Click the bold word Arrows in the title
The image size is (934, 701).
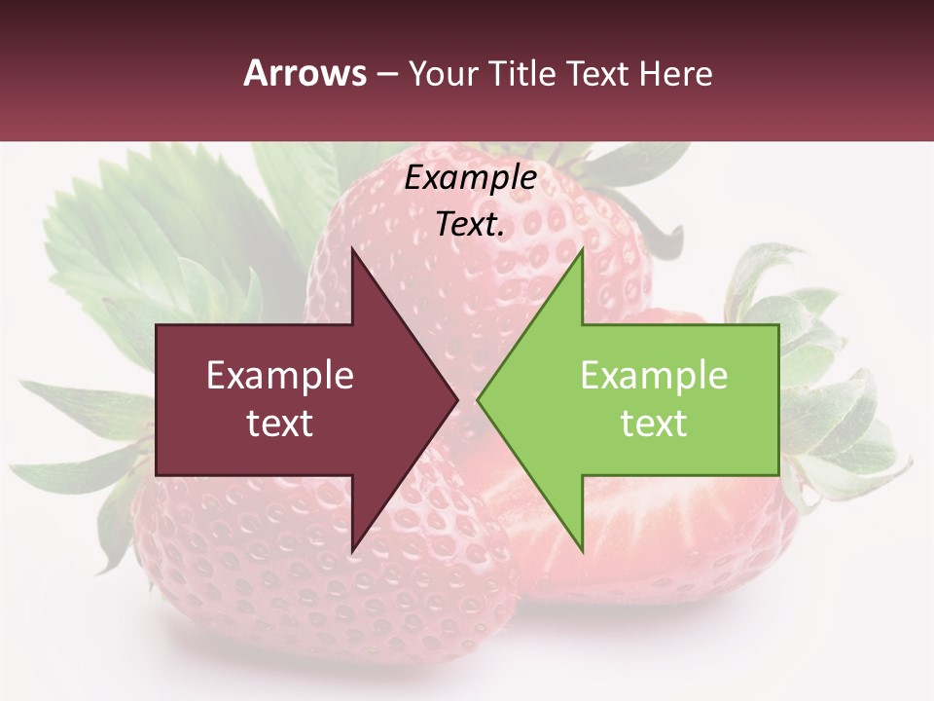click(x=305, y=73)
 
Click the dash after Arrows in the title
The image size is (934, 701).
click(x=386, y=74)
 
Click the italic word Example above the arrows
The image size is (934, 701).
click(x=470, y=178)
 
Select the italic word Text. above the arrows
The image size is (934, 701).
click(x=470, y=225)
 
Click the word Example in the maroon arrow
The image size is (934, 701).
click(x=280, y=376)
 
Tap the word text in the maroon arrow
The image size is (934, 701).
click(x=280, y=424)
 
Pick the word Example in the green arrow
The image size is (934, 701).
click(x=654, y=376)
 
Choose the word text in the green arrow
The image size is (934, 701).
click(x=654, y=424)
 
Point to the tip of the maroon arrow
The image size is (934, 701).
click(x=457, y=400)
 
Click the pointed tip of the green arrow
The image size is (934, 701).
click(x=478, y=400)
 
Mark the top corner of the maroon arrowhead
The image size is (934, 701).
click(x=352, y=248)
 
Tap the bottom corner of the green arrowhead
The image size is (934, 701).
click(x=582, y=552)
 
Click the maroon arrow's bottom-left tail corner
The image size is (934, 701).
click(x=157, y=475)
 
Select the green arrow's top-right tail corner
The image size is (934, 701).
click(x=778, y=325)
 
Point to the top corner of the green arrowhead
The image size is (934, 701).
click(x=582, y=249)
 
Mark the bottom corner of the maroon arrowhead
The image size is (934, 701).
click(x=352, y=552)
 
